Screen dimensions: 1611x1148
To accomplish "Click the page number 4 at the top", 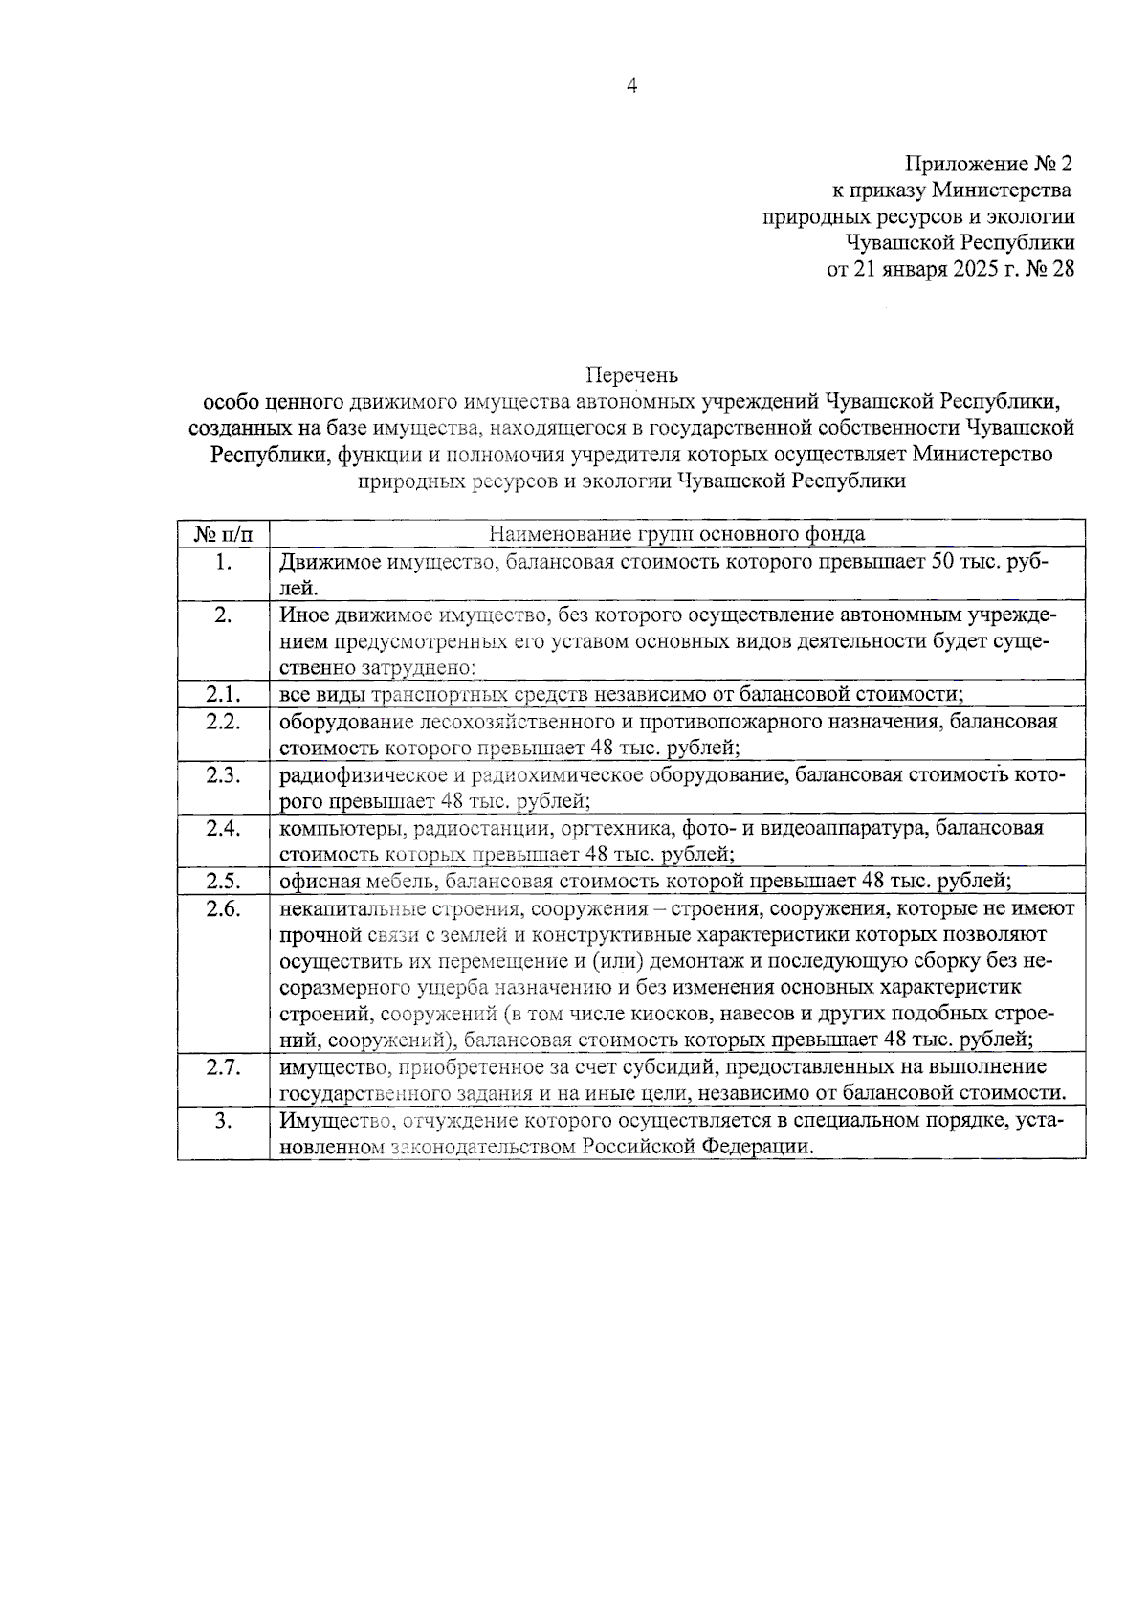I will (631, 86).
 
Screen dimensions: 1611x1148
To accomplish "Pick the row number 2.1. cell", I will (223, 694).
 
